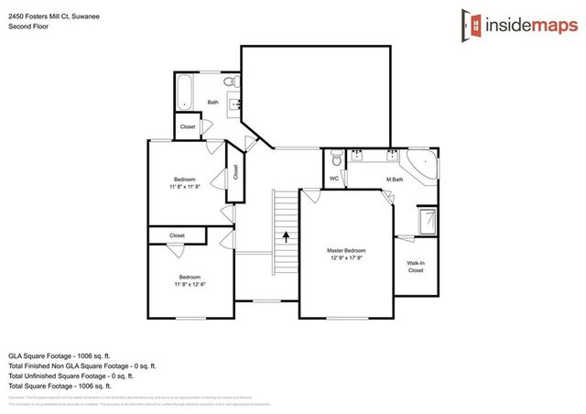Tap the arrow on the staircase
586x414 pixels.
[286, 236]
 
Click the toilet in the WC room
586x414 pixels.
[336, 157]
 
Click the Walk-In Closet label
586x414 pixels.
[415, 267]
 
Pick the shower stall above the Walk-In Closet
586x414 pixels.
[428, 222]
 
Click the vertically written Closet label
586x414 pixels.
[235, 171]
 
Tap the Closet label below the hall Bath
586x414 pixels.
[188, 126]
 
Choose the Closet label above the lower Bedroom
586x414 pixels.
[177, 235]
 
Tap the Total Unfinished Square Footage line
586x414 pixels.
[71, 376]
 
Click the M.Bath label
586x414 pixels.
[395, 179]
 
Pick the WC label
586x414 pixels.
[334, 178]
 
